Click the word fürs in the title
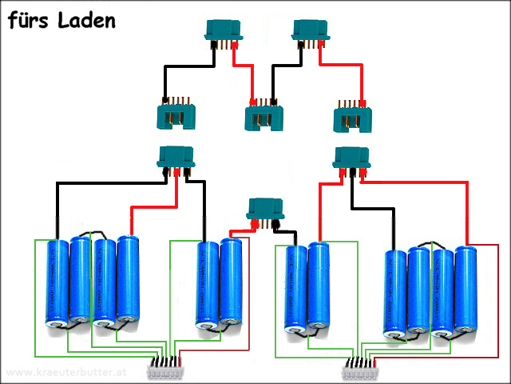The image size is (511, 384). coord(30,20)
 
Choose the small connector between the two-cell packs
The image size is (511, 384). coord(267,211)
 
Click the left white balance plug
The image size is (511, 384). coord(166,369)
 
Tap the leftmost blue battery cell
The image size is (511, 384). coord(57,284)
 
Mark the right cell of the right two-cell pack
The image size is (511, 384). coord(319,288)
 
